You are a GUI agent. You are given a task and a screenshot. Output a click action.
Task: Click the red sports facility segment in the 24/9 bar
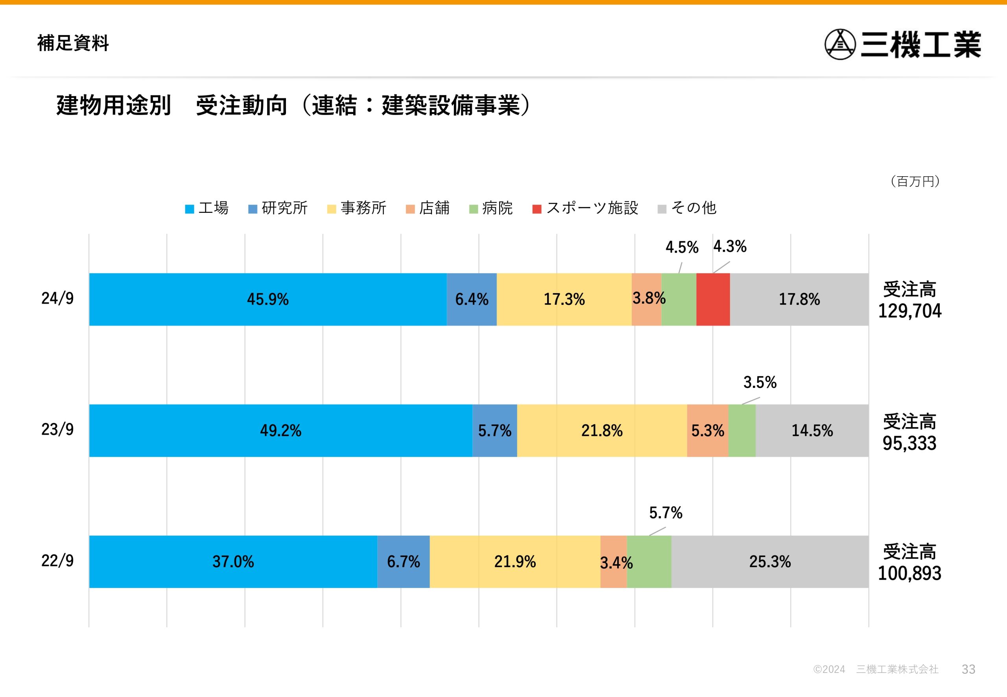pos(713,299)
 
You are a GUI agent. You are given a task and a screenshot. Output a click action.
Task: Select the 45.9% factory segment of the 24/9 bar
pos(268,299)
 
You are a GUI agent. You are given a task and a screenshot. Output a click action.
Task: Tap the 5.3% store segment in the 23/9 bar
pos(707,431)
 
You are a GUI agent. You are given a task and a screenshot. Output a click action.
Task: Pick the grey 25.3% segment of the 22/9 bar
pos(769,562)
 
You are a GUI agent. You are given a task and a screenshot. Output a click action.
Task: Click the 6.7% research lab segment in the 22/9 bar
pos(403,562)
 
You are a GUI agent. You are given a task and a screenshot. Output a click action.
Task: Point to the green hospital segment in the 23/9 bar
pos(741,431)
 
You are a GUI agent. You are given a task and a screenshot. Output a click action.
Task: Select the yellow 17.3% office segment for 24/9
pos(564,299)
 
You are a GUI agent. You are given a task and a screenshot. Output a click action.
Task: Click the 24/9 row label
pos(57,298)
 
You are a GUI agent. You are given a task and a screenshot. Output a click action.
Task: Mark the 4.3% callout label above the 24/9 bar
pos(730,247)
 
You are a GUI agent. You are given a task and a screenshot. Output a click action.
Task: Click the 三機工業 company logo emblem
pos(840,44)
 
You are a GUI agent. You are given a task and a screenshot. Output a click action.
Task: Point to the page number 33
pos(968,669)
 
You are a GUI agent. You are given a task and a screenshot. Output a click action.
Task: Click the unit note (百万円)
pos(915,181)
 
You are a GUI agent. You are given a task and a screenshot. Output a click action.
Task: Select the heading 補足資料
pos(73,43)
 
